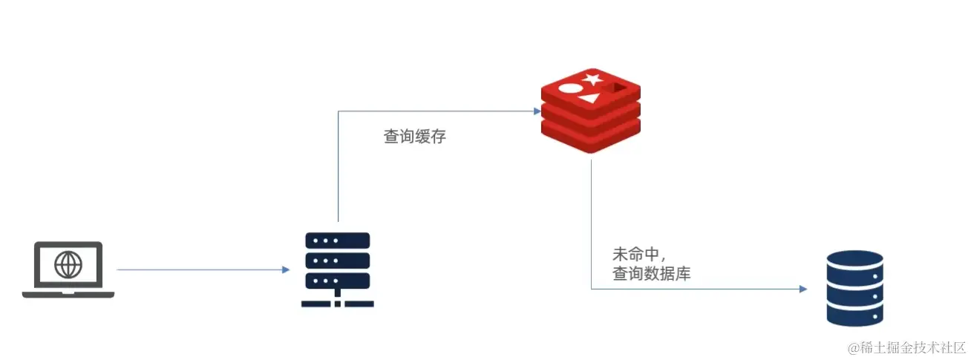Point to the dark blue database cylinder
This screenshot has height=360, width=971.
click(x=854, y=288)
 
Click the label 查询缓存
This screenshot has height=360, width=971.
click(x=414, y=137)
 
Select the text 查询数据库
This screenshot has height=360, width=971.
click(x=652, y=274)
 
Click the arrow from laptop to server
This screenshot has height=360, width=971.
click(x=200, y=269)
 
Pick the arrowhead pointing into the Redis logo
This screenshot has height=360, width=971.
click(x=537, y=111)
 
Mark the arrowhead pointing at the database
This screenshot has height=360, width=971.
click(x=802, y=289)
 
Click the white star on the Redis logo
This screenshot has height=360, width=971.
click(x=592, y=78)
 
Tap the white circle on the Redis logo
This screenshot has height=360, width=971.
click(x=569, y=89)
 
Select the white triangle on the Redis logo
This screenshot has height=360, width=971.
click(x=590, y=98)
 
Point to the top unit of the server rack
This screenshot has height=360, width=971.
click(x=338, y=241)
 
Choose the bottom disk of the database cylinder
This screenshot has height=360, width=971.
click(x=854, y=312)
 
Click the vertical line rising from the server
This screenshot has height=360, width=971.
click(x=338, y=167)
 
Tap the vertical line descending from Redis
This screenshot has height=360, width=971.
click(x=591, y=223)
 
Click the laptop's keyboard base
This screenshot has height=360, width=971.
click(x=68, y=295)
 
